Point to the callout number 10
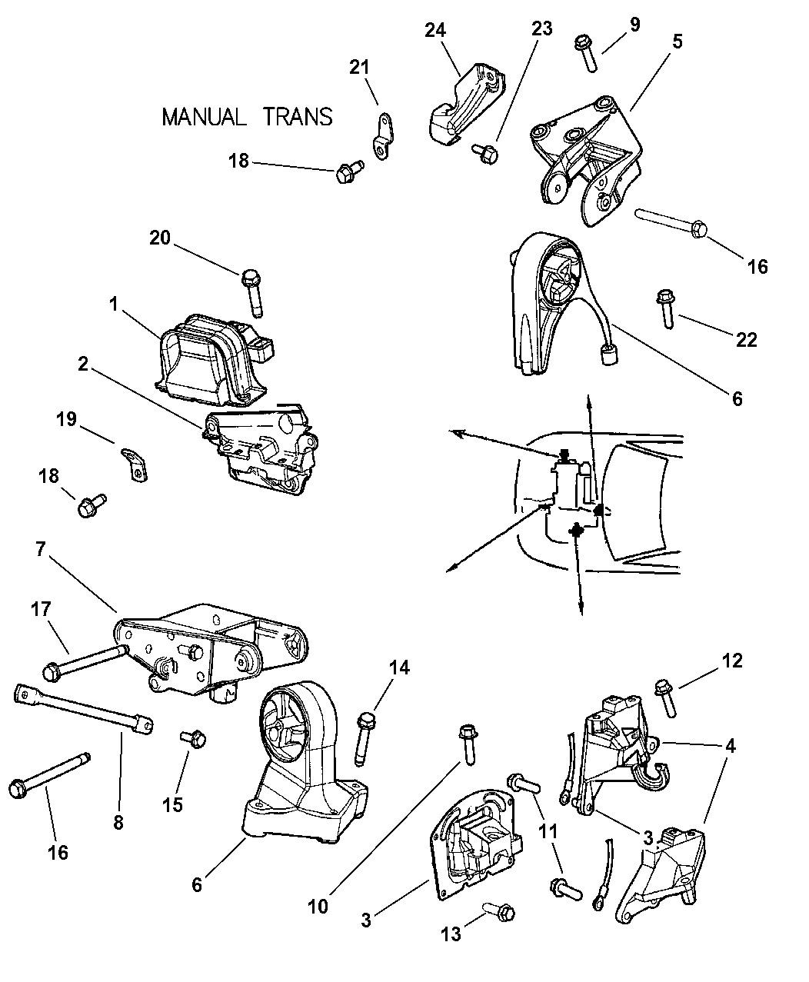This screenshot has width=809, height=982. pos(318,907)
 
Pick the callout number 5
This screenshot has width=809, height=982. pos(677,42)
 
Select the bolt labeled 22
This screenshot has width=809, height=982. pos(665,310)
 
